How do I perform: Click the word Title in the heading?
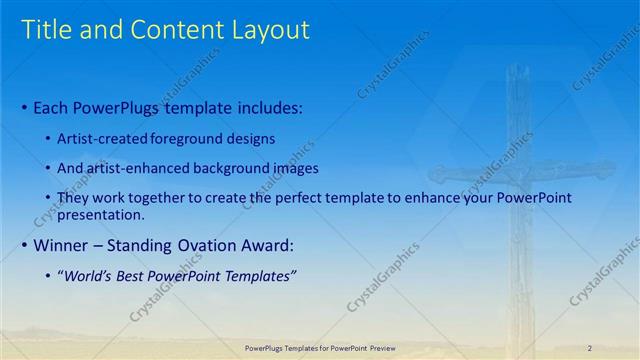click(x=47, y=31)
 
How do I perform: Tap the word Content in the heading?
click(x=176, y=31)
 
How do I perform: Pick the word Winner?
click(x=62, y=245)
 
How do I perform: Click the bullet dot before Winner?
click(x=26, y=246)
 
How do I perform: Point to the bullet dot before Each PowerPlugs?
click(x=26, y=107)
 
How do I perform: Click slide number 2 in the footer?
click(x=589, y=347)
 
